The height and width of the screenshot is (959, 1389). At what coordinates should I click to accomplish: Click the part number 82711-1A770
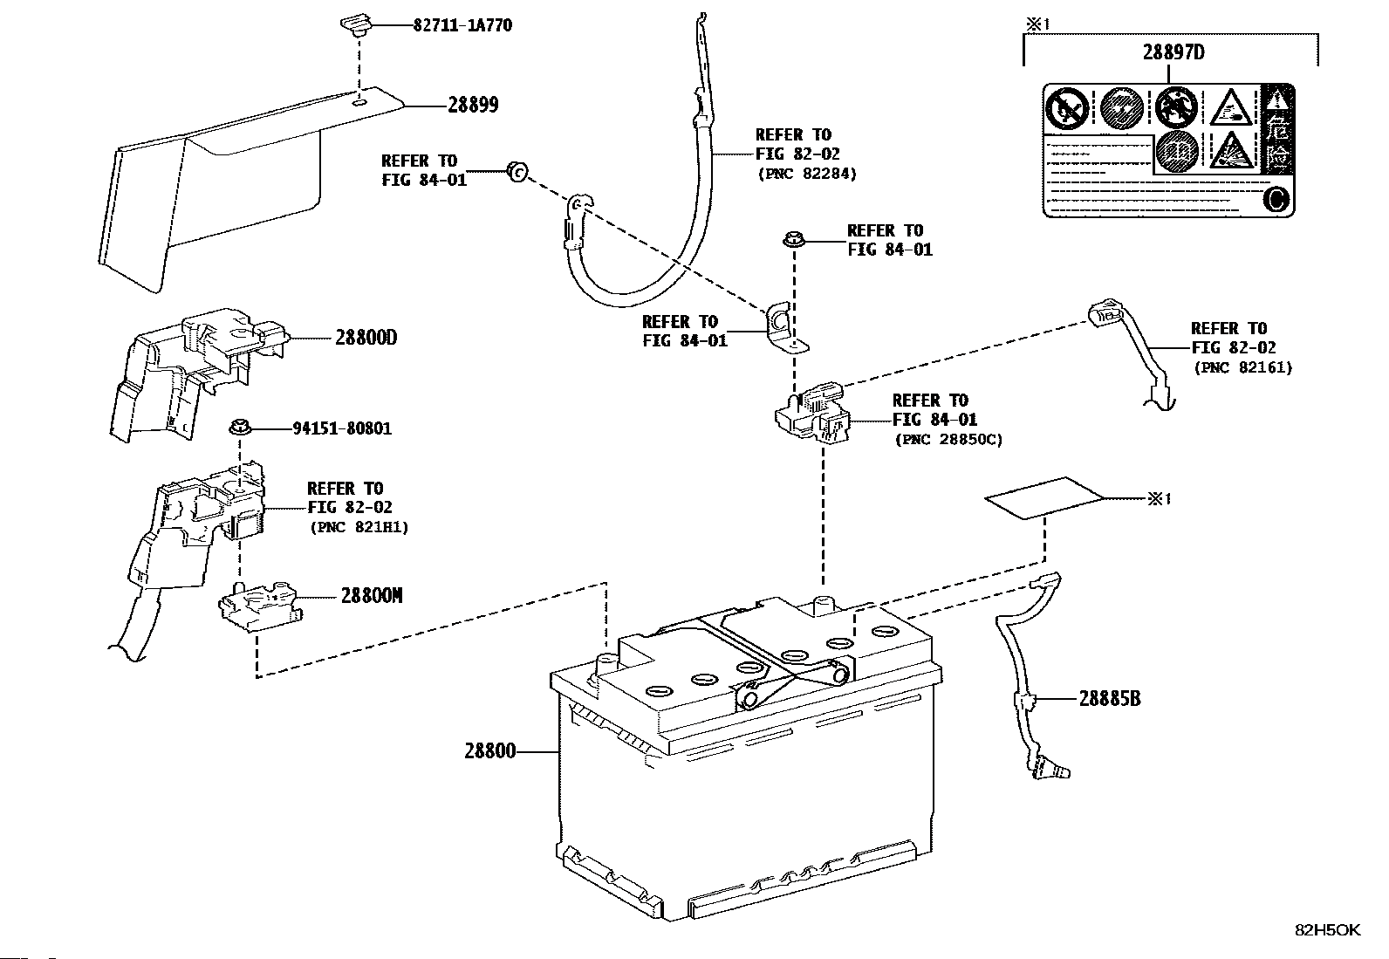click(462, 25)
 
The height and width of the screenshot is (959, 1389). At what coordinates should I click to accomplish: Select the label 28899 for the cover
click(473, 105)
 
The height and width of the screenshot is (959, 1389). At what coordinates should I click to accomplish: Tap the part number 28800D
click(366, 337)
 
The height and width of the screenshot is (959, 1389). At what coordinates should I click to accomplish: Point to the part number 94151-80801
click(341, 428)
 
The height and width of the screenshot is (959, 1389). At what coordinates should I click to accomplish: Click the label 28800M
click(372, 596)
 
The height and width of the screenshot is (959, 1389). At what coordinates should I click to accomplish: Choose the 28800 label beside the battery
click(489, 750)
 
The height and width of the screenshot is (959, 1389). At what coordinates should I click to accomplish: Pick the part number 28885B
click(1110, 698)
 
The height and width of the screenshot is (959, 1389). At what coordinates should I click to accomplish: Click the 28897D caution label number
click(1173, 52)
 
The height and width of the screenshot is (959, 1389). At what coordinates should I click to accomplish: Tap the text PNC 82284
click(807, 173)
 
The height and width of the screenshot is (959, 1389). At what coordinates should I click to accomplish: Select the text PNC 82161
click(1242, 367)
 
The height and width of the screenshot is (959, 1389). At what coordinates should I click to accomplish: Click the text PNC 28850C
click(948, 439)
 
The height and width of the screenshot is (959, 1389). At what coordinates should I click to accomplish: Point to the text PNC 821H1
click(359, 527)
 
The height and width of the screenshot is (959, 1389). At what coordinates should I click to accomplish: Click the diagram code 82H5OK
click(1327, 930)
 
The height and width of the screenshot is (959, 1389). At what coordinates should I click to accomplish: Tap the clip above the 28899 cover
click(354, 24)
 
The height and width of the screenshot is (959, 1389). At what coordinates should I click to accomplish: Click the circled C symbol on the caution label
click(1275, 200)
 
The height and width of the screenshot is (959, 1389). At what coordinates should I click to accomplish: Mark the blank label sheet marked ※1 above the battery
click(1044, 497)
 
